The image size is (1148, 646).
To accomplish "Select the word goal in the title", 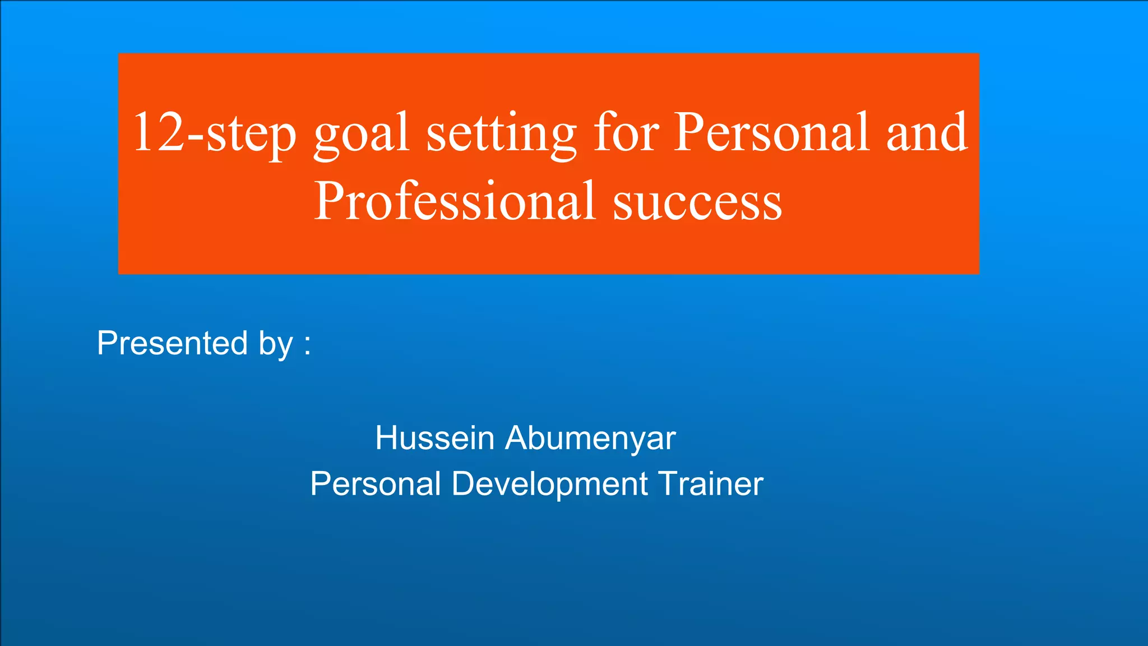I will coord(361,135).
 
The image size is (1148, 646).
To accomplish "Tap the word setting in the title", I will coord(501,135).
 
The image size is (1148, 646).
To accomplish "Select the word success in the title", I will coord(697,202).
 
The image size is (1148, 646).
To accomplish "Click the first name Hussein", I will coord(434,438).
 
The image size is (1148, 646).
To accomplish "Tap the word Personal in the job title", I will coord(376,483).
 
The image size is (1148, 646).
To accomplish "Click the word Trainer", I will coord(710,483).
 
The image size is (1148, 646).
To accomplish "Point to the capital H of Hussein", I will coord(387,438).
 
